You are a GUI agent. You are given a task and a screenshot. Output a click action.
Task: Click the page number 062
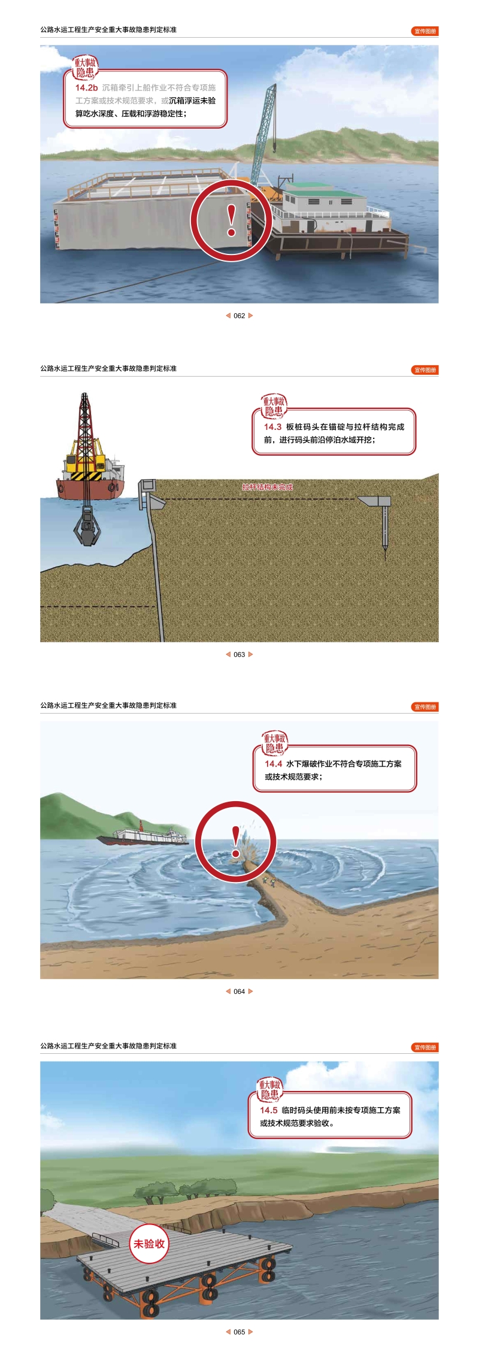(x=239, y=316)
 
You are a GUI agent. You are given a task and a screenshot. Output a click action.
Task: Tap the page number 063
(x=239, y=654)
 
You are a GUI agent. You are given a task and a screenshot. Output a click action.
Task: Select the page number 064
(x=239, y=992)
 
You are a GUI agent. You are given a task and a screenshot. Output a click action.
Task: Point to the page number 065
(x=239, y=1332)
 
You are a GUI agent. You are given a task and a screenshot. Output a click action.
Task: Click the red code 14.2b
(x=86, y=88)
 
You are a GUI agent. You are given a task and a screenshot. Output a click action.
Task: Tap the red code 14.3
(x=272, y=427)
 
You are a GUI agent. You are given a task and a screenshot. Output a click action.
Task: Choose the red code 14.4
(x=274, y=764)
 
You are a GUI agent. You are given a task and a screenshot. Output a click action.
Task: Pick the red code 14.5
(x=269, y=1110)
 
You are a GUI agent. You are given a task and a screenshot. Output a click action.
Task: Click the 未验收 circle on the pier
(x=149, y=1244)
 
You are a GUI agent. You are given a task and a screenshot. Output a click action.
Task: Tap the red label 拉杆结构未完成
(x=268, y=487)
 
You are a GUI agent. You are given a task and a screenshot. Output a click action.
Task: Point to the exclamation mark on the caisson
(x=232, y=220)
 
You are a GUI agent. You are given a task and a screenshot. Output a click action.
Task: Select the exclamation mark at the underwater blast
(x=236, y=842)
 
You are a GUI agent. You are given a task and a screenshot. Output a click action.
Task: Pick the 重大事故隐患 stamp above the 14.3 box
(x=274, y=406)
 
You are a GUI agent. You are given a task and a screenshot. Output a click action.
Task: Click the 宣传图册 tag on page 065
(x=425, y=1047)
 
